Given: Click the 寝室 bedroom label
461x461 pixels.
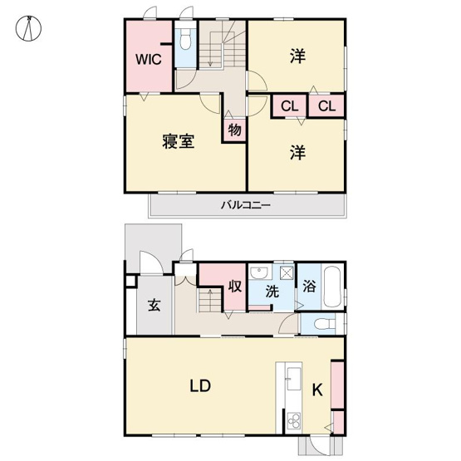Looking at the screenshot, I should (178, 141).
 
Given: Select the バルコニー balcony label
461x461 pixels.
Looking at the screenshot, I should (246, 205).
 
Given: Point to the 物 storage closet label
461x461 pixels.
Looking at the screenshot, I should (234, 130).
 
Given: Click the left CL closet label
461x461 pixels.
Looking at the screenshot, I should (289, 106).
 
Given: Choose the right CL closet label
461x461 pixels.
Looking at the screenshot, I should (326, 106).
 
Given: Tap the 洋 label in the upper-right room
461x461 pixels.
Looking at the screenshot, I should (297, 56).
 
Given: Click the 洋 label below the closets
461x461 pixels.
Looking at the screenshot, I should (297, 153).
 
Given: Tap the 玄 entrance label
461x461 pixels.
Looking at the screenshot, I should (154, 304).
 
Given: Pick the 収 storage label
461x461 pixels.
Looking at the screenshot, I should (235, 287).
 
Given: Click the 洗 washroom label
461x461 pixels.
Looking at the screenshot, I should (272, 292).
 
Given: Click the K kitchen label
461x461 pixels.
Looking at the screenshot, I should (316, 389).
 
